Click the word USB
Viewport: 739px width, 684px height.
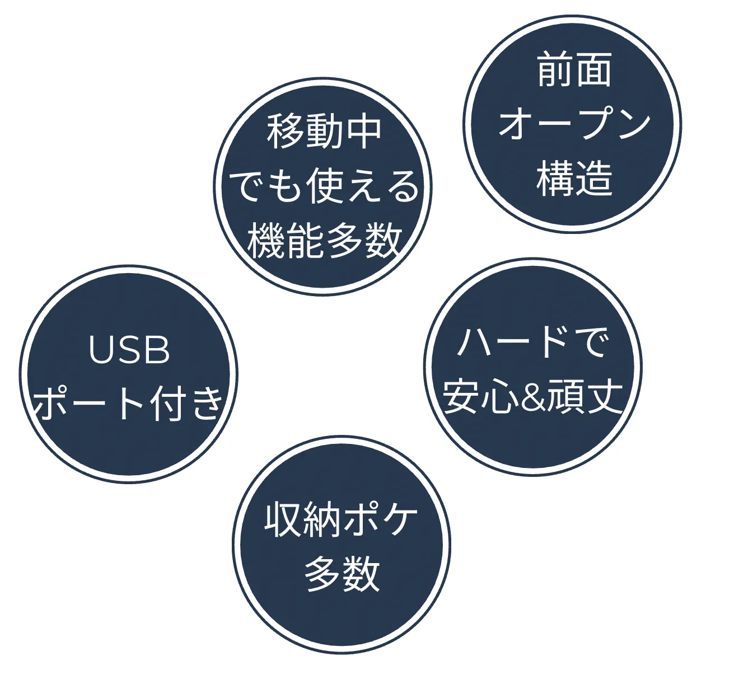129,350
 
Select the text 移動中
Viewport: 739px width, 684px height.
324,132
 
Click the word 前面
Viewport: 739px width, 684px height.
574,71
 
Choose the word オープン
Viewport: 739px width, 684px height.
574,124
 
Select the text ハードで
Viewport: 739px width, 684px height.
532,343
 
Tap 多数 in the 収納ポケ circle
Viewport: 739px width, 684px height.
342,573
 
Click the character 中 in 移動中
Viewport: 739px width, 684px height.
364,132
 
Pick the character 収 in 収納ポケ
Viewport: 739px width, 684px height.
283,521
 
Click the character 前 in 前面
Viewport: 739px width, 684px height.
554,71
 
